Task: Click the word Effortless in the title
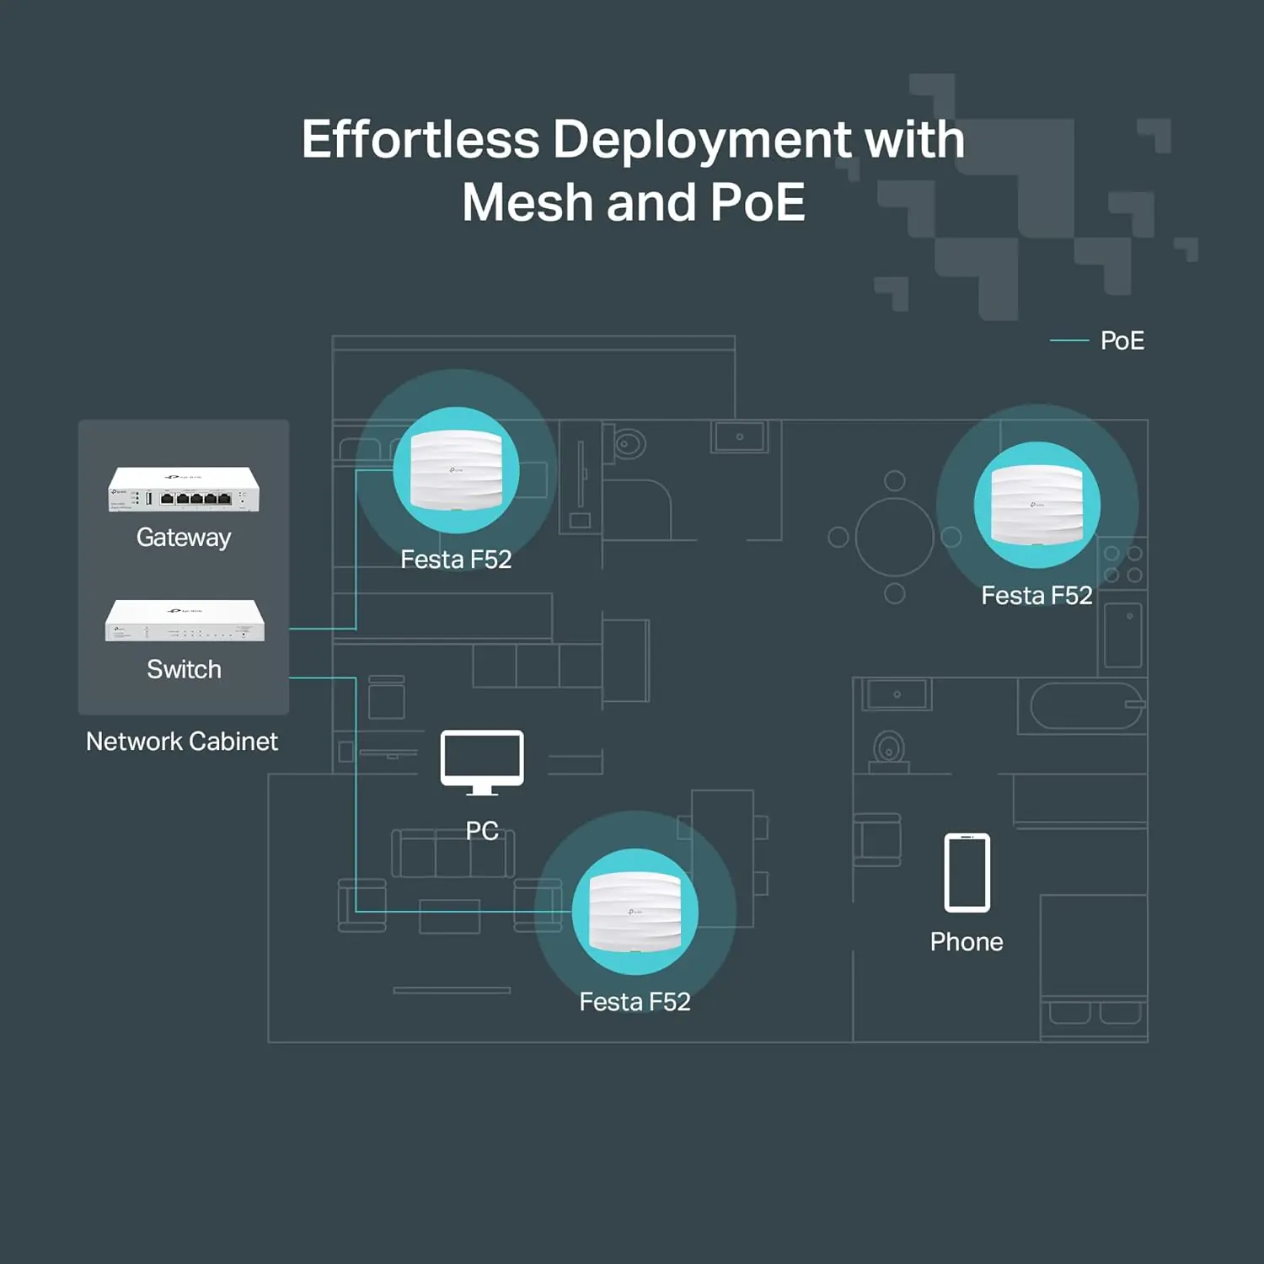click(x=420, y=139)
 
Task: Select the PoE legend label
click(x=1122, y=340)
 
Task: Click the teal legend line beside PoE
click(x=1069, y=340)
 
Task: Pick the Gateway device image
click(x=184, y=490)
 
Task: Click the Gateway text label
click(x=184, y=538)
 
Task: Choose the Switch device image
click(x=185, y=621)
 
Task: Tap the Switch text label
click(x=184, y=669)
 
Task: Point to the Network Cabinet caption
click(x=182, y=742)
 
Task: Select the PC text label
click(x=482, y=831)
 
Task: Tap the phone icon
click(x=967, y=873)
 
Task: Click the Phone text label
click(x=967, y=942)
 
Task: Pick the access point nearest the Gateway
click(x=456, y=471)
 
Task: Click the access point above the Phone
click(x=1036, y=505)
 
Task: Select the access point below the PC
click(x=635, y=913)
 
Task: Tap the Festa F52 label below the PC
click(x=635, y=1002)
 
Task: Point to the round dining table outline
click(x=895, y=537)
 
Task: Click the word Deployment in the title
click(x=702, y=139)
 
